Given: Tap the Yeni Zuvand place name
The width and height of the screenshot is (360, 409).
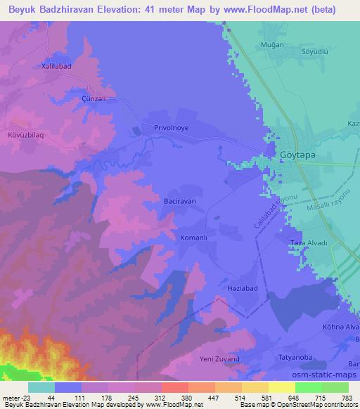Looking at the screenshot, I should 220,359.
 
